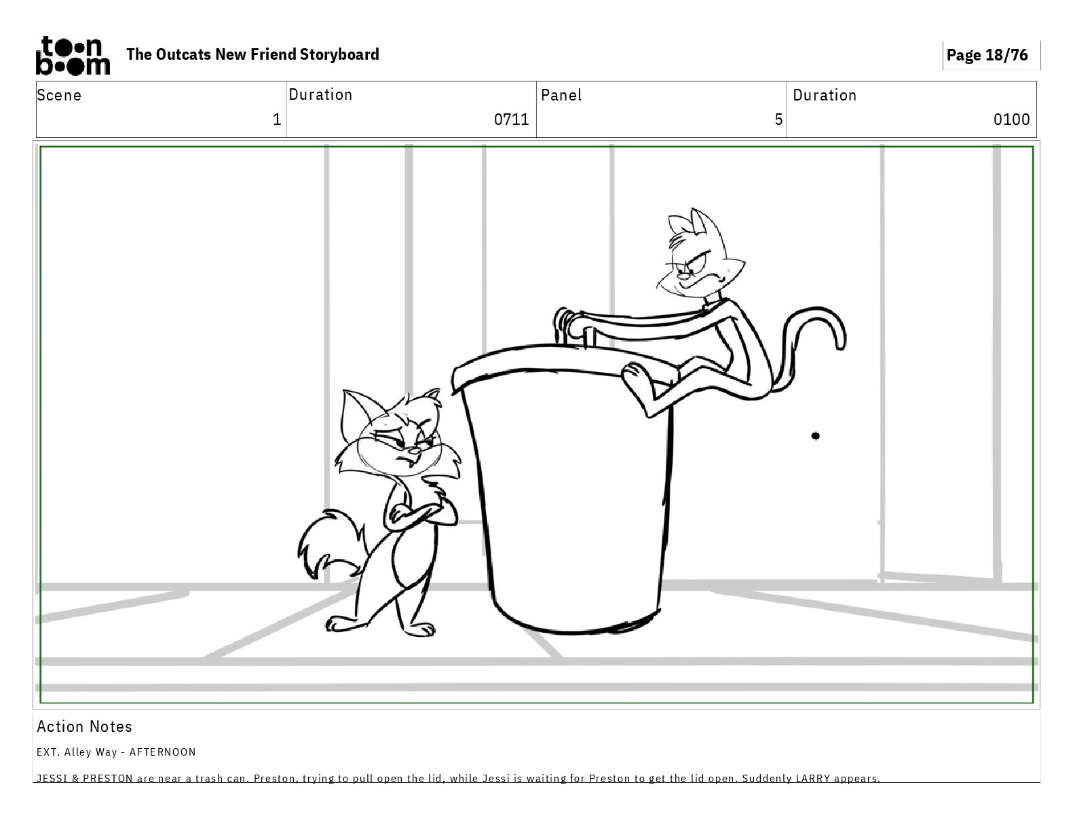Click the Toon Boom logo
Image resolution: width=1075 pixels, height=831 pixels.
click(73, 56)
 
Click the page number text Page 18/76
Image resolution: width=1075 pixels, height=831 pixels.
click(987, 55)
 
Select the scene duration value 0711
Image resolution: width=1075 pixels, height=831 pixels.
click(511, 119)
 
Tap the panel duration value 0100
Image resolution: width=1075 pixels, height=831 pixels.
click(1011, 119)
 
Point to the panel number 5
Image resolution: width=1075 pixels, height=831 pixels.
click(778, 119)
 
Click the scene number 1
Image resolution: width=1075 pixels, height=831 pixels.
click(277, 119)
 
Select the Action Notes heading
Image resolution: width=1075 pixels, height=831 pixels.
click(85, 726)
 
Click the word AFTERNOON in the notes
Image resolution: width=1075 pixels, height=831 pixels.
click(163, 752)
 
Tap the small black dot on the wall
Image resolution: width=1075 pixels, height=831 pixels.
click(815, 436)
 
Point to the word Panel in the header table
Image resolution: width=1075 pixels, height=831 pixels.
click(561, 95)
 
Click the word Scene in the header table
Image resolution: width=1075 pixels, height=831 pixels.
click(59, 95)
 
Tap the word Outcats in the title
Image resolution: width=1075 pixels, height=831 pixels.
click(183, 54)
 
